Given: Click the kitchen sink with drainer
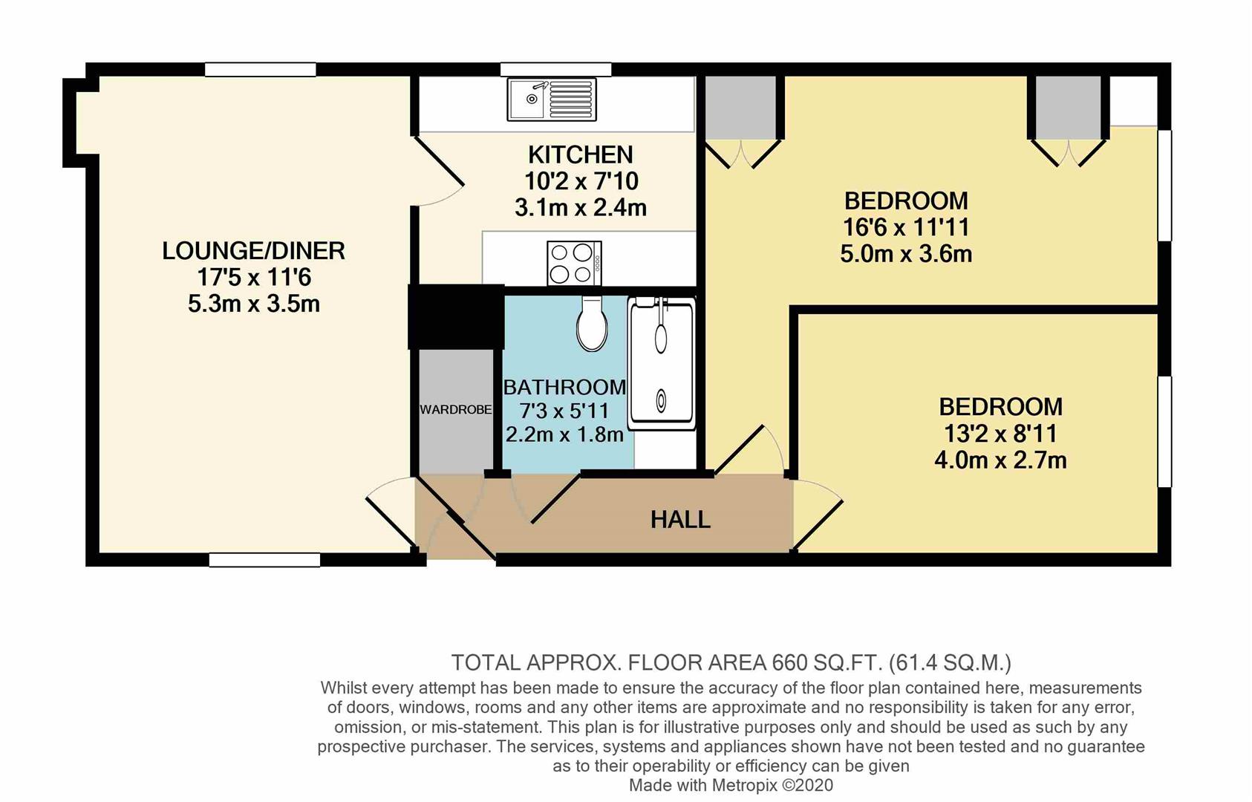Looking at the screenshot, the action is [x=552, y=100].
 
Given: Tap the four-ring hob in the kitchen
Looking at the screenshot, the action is [x=575, y=263].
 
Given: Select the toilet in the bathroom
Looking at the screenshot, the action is [x=592, y=324].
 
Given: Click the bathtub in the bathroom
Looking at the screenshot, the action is [x=662, y=363].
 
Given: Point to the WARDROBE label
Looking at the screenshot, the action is [x=455, y=410].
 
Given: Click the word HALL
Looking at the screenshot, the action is [x=680, y=520].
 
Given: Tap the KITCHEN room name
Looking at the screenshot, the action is [x=581, y=154].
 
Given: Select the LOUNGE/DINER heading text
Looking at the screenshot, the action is [x=254, y=251].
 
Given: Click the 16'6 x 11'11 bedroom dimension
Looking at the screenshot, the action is [x=906, y=227].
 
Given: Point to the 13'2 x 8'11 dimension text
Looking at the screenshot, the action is [x=1000, y=434].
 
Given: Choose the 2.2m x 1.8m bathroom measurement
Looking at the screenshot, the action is [x=564, y=434].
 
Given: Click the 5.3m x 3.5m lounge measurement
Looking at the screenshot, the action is [x=254, y=304].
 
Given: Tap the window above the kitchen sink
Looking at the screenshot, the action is [x=555, y=69].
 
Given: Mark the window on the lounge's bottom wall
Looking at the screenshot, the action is [x=264, y=559].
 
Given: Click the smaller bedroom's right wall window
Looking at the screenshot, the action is [x=1164, y=431].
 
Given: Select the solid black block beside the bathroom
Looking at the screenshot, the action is [x=456, y=317].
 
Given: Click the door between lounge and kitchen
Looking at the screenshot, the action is [x=440, y=171].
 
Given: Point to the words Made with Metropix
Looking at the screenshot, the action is [x=703, y=785].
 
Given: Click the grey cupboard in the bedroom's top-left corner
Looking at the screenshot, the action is [x=740, y=108].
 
